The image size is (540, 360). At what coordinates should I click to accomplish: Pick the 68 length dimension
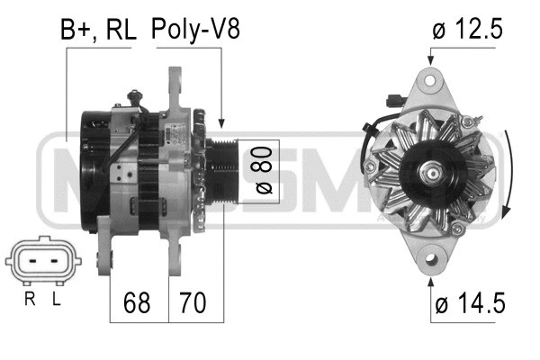[138, 302]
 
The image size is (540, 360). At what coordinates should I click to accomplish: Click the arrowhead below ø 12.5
[430, 59]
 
